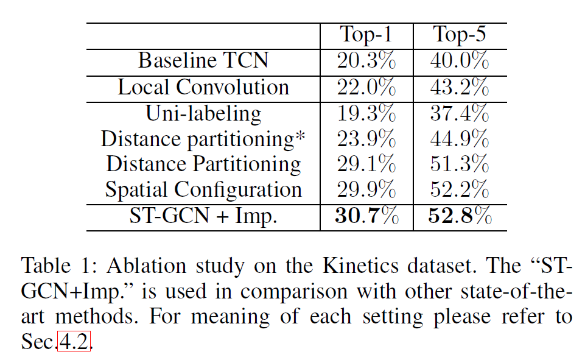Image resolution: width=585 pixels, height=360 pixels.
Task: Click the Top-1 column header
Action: pos(366,35)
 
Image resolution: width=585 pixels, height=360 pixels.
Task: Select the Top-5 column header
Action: pos(460,35)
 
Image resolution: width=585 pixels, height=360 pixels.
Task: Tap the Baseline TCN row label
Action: pos(203,61)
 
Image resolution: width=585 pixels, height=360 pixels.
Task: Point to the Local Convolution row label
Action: pos(203,87)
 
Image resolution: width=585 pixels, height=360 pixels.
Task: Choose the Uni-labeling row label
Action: pos(203,113)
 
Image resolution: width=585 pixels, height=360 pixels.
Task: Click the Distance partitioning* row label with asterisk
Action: pos(203,139)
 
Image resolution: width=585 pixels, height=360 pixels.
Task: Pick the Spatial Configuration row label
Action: pos(203,189)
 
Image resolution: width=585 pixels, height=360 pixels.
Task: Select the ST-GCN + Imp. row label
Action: pos(203,216)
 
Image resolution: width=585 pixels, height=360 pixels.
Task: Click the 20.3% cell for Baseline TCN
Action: pos(366,61)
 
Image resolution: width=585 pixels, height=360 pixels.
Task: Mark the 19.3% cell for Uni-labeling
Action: pos(366,113)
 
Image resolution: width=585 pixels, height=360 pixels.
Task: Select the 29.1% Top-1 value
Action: pos(366,164)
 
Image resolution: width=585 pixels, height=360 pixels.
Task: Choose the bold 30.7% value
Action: pos(366,216)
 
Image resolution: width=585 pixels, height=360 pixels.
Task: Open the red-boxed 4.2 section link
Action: pos(74,343)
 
